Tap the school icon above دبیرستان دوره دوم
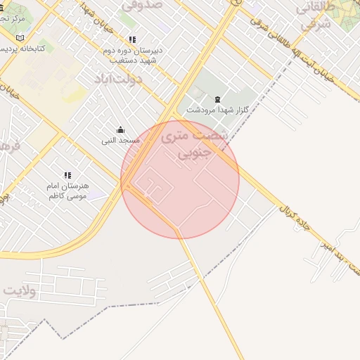coord(132,39)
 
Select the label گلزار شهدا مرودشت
coord(217,110)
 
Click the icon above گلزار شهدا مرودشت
coord(217,99)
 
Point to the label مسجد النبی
coord(120,141)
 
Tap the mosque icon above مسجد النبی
coord(120,130)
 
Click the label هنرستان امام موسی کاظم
coord(67,191)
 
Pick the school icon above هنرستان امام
coord(67,175)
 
